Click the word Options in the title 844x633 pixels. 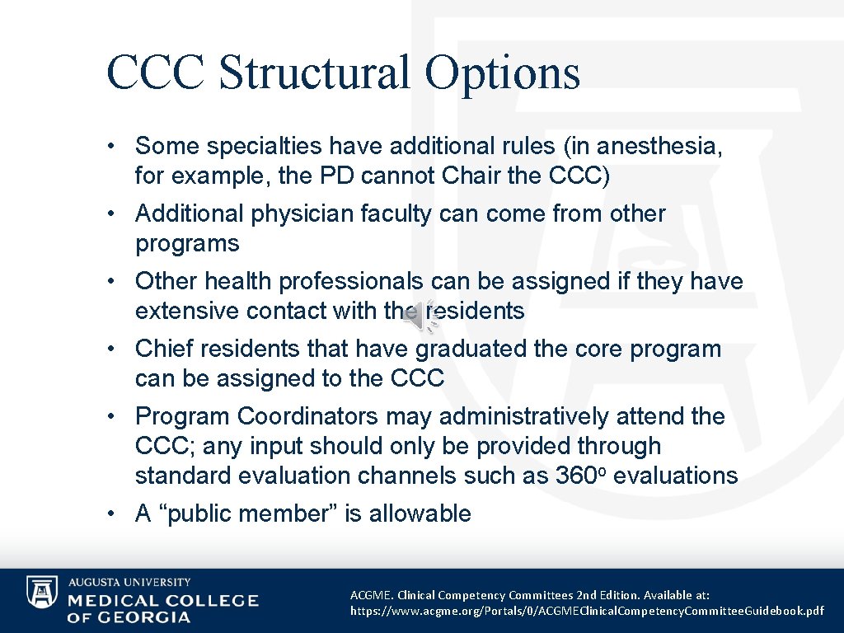[x=503, y=73]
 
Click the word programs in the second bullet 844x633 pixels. [x=187, y=243]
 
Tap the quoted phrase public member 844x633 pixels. [x=247, y=513]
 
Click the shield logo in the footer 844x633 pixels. [x=41, y=592]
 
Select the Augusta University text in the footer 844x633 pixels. [x=129, y=582]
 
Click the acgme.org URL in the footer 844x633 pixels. [x=587, y=611]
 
